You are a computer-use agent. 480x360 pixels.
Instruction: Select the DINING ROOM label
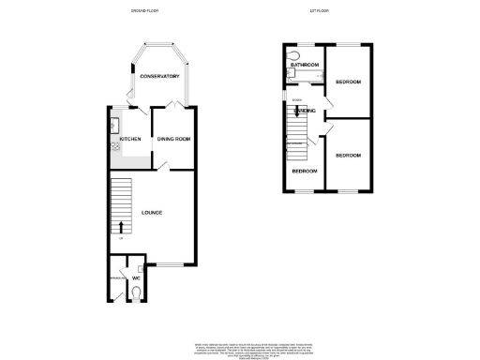click(x=173, y=140)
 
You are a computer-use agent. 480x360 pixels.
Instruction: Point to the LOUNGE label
click(x=152, y=213)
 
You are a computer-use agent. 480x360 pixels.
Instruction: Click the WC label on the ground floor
click(x=137, y=277)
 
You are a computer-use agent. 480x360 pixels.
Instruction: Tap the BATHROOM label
click(x=306, y=65)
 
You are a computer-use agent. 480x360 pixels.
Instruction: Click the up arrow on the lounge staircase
click(x=121, y=226)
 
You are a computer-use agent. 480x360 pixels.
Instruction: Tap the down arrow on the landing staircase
click(x=296, y=115)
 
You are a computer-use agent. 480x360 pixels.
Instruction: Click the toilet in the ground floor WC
click(x=137, y=293)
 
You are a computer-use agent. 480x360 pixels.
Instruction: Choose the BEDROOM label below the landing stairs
click(x=305, y=172)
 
